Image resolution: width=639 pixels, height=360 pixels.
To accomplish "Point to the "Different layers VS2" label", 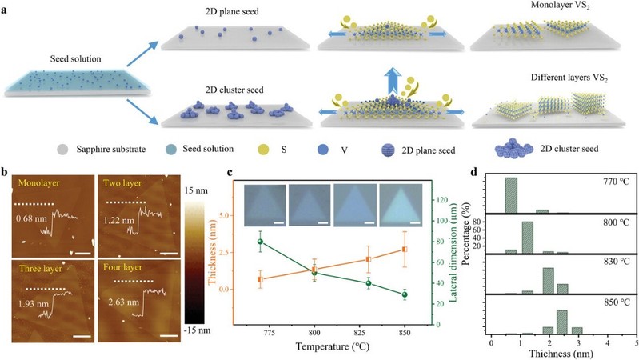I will pyautogui.click(x=554, y=80).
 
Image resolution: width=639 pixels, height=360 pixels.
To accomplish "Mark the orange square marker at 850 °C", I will pyautogui.click(x=405, y=250).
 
